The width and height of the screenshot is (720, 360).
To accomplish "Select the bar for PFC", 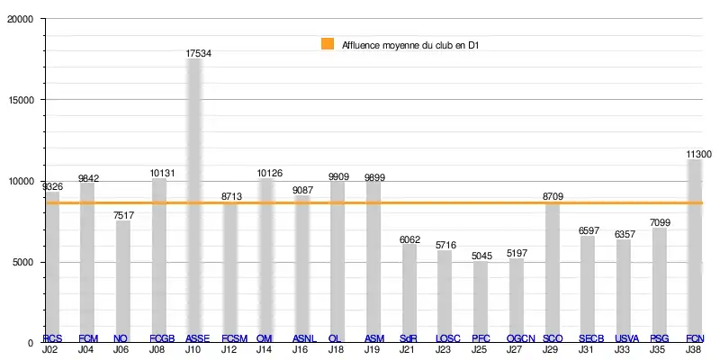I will coord(481,301).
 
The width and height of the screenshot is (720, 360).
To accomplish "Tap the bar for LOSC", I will coord(445,296).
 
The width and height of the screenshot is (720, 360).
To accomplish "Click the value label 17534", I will coord(199,54).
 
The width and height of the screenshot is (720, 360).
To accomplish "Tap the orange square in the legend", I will coord(327,43).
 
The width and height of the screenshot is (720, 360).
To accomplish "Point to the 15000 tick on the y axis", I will coord(21,101).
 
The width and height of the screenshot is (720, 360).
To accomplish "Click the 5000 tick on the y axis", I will coord(23,262).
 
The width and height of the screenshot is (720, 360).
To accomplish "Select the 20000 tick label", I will coord(21,20).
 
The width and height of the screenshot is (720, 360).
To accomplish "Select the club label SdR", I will coord(409,338).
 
